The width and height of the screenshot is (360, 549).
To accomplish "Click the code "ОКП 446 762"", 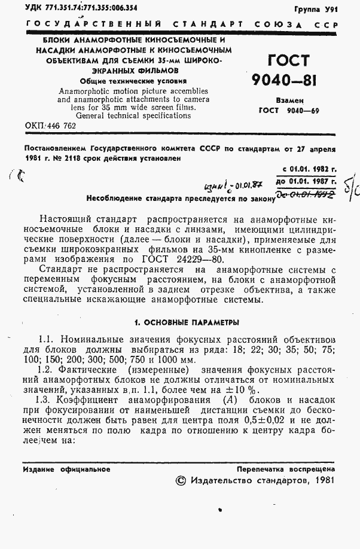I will click(x=50, y=126).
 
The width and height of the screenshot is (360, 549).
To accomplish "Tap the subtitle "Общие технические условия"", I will click(x=133, y=80).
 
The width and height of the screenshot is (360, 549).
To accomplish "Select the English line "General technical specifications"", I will click(x=133, y=115).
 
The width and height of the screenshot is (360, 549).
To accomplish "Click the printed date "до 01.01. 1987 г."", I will click(x=306, y=181).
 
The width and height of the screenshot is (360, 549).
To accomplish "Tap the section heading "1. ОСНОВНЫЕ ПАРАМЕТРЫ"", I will click(x=187, y=322).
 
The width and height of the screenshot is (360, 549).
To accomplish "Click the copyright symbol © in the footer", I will click(x=181, y=480).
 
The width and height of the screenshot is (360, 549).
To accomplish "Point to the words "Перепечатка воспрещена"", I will click(x=286, y=469).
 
